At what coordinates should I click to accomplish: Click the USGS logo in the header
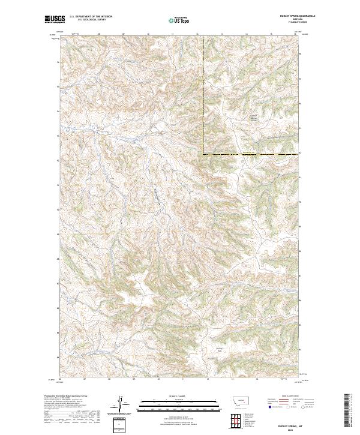point(55,19)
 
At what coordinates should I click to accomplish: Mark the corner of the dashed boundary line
point(203,154)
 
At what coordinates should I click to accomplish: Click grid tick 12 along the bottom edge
point(206,379)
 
